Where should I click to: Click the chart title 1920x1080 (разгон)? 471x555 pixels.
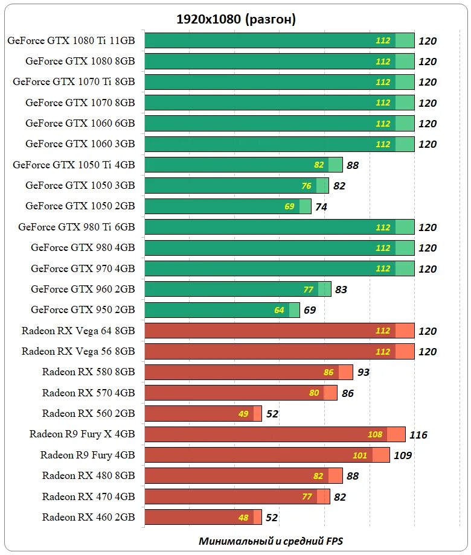pos(235,19)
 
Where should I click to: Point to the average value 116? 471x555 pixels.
pos(418,435)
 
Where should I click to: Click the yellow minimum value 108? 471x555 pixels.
pos(375,434)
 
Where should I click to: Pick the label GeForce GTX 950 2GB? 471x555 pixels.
pos(83,309)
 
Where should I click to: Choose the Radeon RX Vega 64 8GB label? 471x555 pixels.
pos(78,331)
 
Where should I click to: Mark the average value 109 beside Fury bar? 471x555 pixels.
pos(403,455)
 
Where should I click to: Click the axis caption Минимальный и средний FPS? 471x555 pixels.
pos(271,541)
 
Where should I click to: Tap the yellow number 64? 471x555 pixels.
pos(279,310)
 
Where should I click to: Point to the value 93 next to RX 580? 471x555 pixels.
pos(363,372)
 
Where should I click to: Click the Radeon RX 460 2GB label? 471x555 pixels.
pos(88,516)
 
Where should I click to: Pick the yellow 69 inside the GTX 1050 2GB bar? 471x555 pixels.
pos(289,206)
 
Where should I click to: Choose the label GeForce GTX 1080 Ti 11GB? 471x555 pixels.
pos(71,40)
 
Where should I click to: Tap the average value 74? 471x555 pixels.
pos(321,207)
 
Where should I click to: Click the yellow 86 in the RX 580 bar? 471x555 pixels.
pos(328,372)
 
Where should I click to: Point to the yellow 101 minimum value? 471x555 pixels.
pos(360,455)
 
